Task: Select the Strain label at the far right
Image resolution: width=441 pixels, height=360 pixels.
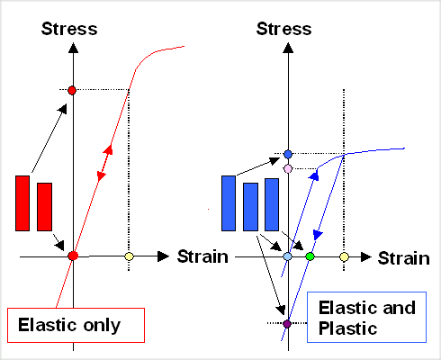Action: pos(402,257)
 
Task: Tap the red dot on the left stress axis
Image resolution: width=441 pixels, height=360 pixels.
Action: pos(73,90)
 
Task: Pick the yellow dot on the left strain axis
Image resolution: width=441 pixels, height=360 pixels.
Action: pos(129,256)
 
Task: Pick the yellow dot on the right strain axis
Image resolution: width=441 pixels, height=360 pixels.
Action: pos(344,256)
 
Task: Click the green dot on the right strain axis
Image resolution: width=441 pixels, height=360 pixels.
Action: pos(310,256)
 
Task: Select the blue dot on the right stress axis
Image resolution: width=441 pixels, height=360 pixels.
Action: pos(288,154)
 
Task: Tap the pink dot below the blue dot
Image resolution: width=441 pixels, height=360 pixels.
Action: pos(288,168)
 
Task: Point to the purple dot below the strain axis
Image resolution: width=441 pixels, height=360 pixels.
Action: pos(287,323)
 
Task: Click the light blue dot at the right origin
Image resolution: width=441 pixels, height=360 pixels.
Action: pos(288,256)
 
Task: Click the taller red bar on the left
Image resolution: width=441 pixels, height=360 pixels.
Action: pos(23,203)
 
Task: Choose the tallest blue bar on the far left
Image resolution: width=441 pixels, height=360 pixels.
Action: pos(229,202)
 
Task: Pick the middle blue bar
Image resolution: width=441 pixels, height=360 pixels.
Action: pos(251,207)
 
